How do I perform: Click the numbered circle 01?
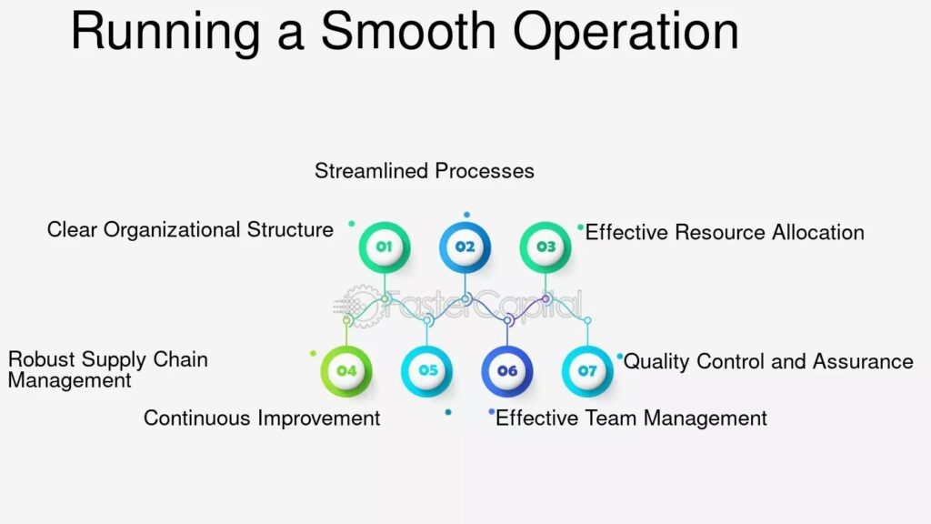tap(385, 247)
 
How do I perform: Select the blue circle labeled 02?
tap(465, 247)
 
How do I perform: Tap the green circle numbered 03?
tap(546, 247)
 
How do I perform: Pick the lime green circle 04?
tap(346, 371)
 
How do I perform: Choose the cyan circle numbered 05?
tap(427, 371)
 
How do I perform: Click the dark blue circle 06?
tap(507, 371)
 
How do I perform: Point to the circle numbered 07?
tap(587, 371)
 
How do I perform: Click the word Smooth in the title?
tap(408, 31)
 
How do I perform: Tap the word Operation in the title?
tap(626, 34)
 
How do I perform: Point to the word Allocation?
tap(817, 232)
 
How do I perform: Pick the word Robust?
tap(41, 359)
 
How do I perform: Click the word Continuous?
tap(196, 418)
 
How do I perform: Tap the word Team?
tap(611, 418)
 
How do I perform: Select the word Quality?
tap(656, 362)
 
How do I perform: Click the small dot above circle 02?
tap(466, 215)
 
